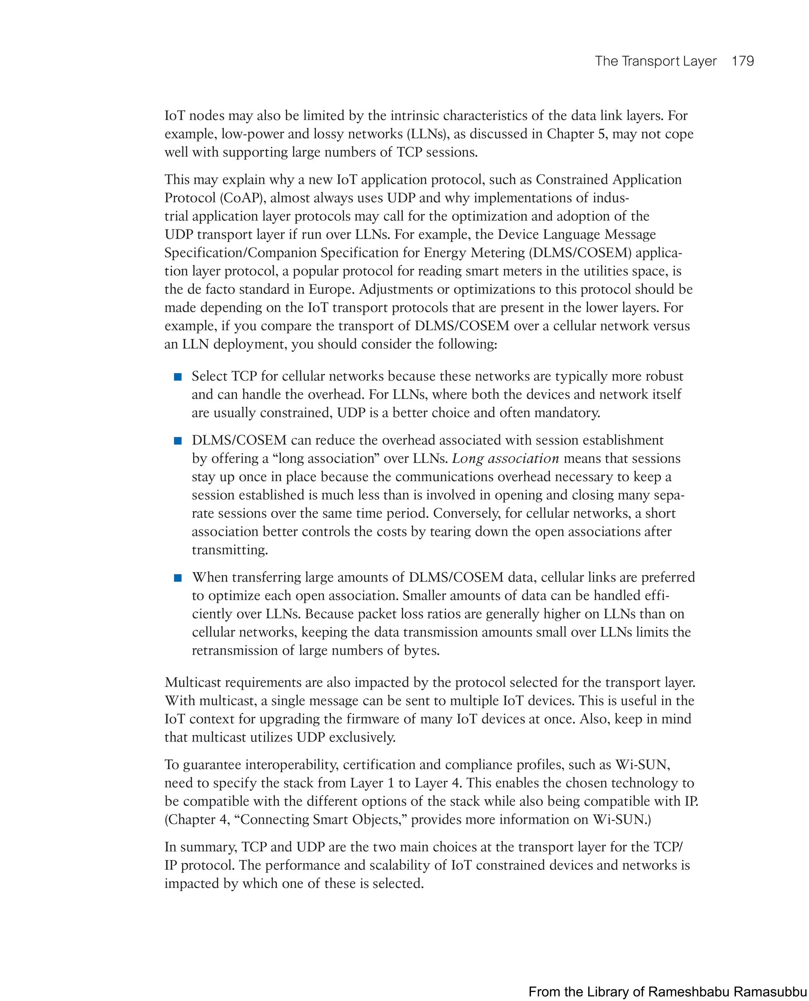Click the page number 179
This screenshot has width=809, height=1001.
[x=742, y=61]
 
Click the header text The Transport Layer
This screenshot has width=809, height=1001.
[x=655, y=61]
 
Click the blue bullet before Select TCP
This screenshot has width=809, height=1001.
[x=177, y=377]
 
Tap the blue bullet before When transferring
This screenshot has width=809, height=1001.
[x=177, y=578]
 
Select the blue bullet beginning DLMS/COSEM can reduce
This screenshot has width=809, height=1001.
[x=177, y=441]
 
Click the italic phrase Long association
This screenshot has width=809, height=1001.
[x=505, y=459]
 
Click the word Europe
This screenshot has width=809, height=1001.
[x=331, y=290]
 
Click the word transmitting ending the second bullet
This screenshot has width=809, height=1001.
[x=230, y=550]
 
